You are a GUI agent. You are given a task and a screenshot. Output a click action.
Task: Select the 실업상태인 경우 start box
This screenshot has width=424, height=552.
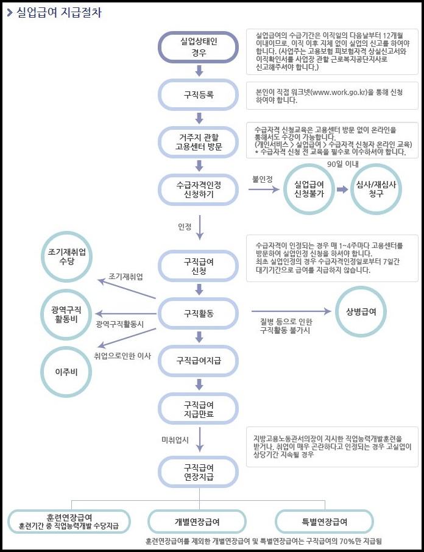(x=199, y=47)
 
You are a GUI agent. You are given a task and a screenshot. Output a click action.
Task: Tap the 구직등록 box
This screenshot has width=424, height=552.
(x=199, y=96)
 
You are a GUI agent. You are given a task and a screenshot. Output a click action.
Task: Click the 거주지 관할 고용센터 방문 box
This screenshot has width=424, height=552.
(x=199, y=142)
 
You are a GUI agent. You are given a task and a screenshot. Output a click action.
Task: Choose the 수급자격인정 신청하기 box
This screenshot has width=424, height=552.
(x=199, y=189)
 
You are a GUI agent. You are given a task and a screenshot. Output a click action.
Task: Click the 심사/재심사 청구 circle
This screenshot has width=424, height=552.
(x=376, y=189)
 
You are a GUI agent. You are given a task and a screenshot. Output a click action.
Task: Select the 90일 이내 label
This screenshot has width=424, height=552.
(x=342, y=164)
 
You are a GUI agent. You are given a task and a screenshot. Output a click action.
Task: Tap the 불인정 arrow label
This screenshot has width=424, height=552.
(x=262, y=179)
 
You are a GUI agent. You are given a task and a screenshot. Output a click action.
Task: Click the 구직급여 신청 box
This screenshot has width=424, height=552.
(x=199, y=266)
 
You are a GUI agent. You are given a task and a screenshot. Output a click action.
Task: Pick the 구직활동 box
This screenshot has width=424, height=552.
(x=199, y=313)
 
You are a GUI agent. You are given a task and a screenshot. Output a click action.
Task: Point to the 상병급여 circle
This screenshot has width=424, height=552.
(x=361, y=311)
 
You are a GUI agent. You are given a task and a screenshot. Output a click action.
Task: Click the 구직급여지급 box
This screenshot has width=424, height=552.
(x=199, y=361)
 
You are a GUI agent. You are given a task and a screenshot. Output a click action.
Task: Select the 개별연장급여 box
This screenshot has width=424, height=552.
(x=197, y=522)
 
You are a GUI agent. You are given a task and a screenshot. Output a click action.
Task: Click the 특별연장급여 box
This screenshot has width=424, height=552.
(x=325, y=522)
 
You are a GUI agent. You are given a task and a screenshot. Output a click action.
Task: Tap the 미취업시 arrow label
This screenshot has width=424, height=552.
(x=175, y=439)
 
